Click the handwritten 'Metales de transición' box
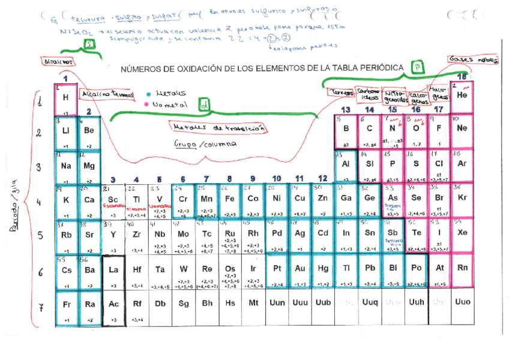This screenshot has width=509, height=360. [x=219, y=127]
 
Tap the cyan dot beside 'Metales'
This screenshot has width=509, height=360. [x=148, y=94]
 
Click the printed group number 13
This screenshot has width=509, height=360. [x=346, y=110]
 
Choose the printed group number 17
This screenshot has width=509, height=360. [x=439, y=110]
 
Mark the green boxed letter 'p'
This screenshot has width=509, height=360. [x=416, y=68]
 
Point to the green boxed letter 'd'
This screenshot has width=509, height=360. [x=205, y=106]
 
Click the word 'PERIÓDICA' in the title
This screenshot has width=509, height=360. [x=379, y=68]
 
